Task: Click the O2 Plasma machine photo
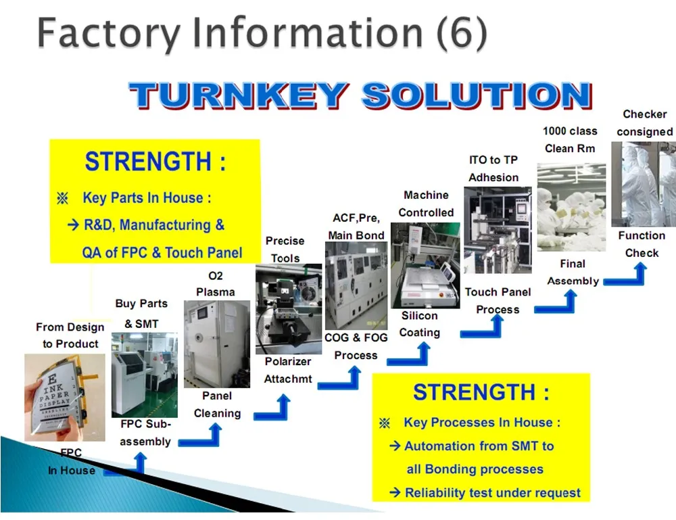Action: tap(216, 344)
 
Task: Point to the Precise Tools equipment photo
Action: tap(289, 309)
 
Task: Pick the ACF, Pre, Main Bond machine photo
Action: tap(356, 285)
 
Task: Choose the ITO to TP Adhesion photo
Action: tap(498, 230)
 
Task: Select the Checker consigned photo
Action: tap(643, 183)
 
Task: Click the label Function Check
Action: tap(642, 244)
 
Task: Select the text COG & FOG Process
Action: tap(356, 346)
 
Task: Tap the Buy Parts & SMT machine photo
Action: tap(145, 374)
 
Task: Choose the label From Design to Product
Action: tap(70, 335)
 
